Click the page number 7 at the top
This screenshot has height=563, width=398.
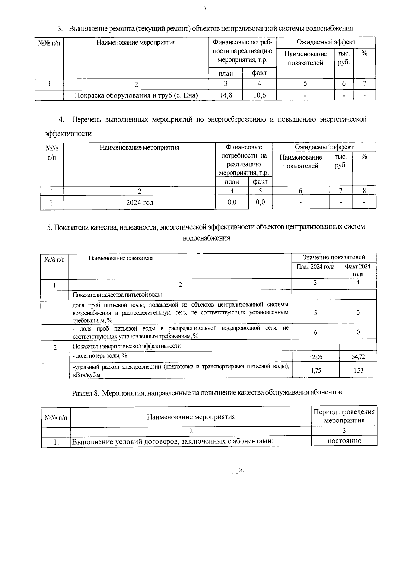(x=205, y=9)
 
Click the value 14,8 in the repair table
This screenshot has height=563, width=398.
(x=226, y=96)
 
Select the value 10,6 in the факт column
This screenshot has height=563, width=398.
(x=259, y=96)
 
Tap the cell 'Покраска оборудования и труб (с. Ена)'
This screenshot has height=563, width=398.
(x=136, y=96)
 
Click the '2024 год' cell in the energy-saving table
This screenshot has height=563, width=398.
(x=140, y=202)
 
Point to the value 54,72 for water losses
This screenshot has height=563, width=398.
(x=358, y=357)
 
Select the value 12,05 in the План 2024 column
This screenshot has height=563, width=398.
(x=315, y=357)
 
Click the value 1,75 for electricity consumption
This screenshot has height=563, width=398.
(x=316, y=371)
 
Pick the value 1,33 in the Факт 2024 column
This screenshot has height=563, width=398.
(x=358, y=371)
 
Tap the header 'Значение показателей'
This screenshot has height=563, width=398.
(x=334, y=257)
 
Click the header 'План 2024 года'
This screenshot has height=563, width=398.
(x=315, y=267)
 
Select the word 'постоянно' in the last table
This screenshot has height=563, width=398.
(x=344, y=441)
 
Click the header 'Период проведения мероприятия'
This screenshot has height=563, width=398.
(x=344, y=416)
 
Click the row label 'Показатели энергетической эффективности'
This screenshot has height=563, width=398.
(x=126, y=346)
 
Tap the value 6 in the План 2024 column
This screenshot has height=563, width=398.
(x=315, y=332)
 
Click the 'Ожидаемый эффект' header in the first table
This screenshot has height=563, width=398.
(x=325, y=42)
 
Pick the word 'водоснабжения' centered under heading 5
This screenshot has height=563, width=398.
(x=206, y=238)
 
